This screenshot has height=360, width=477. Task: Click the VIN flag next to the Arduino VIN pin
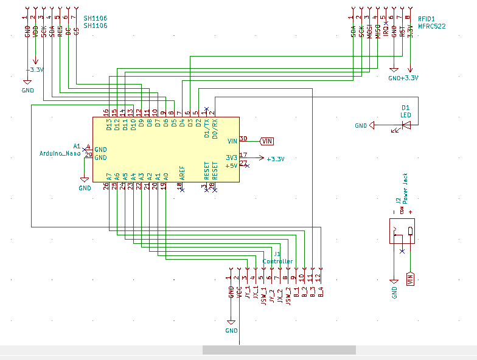coord(266,141)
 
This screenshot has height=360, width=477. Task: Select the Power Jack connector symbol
coord(403,232)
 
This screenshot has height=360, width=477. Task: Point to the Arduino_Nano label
coord(60,154)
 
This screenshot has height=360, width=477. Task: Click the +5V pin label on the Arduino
coord(231,165)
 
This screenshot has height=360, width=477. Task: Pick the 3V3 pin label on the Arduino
coord(231,157)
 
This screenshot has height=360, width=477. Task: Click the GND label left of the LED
coord(361,126)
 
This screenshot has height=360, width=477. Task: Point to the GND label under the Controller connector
coord(231,331)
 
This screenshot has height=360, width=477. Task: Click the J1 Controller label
coord(277,258)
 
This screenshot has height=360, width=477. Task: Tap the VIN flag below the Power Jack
coord(410,279)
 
